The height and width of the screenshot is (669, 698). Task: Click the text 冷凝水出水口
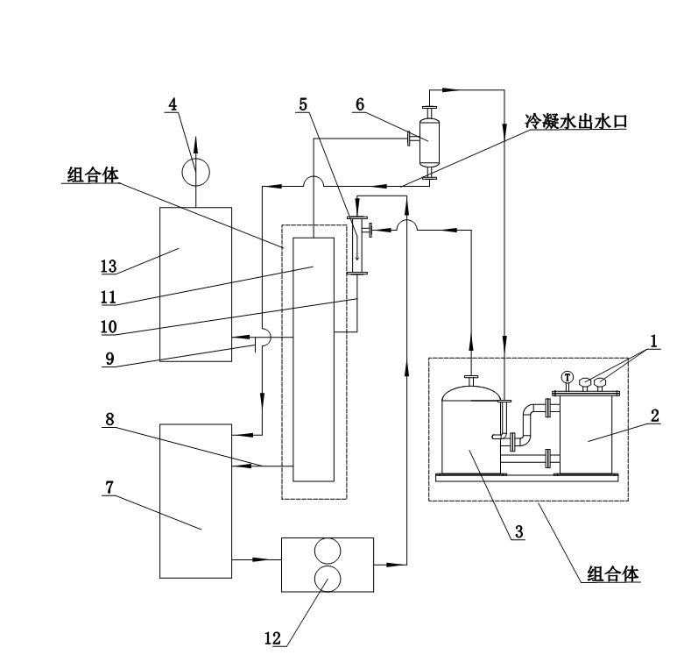pos(581,123)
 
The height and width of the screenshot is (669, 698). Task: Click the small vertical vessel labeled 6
pos(429,142)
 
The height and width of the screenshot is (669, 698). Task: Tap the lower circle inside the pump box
pos(327,578)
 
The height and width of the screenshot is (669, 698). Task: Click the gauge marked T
pos(567,379)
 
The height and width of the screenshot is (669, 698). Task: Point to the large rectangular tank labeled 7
pos(195,500)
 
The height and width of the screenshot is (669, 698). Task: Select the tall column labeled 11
pos(314,359)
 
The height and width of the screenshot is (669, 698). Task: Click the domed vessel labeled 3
pos(471,431)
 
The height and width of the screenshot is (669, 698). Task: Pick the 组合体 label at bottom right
pos(614,575)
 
